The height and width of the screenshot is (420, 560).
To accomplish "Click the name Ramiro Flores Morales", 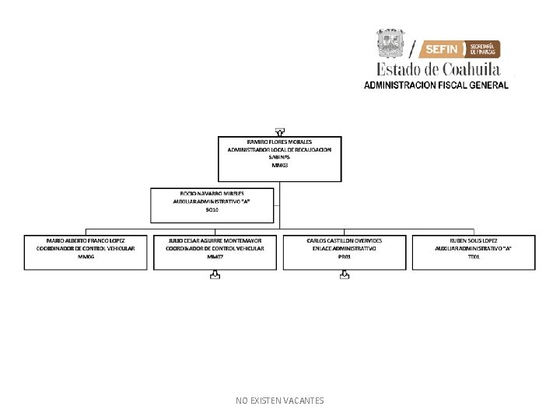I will (279, 142).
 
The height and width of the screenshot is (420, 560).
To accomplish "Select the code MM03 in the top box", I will (279, 165).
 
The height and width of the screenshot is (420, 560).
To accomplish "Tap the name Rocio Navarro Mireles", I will (212, 192).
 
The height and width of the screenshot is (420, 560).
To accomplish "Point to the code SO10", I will (212, 209).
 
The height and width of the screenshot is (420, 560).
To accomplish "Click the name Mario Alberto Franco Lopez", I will (86, 240).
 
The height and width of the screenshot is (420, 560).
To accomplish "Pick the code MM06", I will (86, 256).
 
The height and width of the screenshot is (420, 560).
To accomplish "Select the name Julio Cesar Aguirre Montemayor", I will (215, 240).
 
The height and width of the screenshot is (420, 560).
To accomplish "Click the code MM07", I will (215, 256).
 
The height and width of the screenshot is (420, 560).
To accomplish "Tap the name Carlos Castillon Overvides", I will (345, 240).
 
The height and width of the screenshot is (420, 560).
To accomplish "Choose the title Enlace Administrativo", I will (345, 248).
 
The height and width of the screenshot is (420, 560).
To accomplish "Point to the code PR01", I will (345, 256).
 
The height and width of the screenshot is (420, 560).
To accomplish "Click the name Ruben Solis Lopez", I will (474, 240).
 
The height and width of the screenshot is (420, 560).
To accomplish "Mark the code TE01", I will (474, 256).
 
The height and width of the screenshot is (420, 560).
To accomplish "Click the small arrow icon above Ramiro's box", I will (279, 131).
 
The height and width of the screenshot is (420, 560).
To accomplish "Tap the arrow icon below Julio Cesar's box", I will (215, 275).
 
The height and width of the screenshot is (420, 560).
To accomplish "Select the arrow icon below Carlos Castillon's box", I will (345, 275).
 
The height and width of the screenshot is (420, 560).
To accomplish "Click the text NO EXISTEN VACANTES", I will (280, 401).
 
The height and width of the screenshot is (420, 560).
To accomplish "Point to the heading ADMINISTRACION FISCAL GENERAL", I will (436, 85).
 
